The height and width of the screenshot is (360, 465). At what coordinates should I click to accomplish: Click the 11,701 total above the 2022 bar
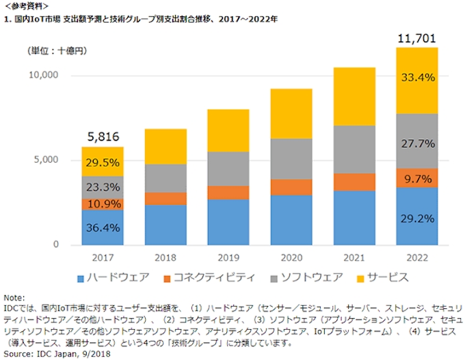point(416,38)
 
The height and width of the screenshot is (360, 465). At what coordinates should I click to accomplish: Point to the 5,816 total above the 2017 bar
point(103,137)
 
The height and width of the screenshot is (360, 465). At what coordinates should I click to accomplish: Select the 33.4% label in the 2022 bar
point(417,78)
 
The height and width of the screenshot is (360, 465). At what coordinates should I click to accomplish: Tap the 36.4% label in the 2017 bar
point(103,228)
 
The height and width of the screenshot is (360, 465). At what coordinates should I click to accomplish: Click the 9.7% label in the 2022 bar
point(417,179)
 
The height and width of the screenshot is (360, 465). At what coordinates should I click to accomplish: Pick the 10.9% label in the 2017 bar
point(103,204)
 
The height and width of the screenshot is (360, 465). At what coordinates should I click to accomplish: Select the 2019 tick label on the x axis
point(228,258)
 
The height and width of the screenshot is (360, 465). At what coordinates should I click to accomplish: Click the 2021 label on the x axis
point(354,258)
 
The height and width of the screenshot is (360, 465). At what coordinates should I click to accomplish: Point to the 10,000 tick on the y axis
point(43,74)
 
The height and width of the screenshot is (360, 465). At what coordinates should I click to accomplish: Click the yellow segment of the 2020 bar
point(291,113)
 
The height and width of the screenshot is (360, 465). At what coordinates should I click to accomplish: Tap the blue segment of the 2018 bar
point(165,224)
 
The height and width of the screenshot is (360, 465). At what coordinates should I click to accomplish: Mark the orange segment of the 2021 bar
point(354,182)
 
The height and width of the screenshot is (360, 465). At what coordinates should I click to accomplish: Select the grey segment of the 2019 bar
point(228,169)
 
